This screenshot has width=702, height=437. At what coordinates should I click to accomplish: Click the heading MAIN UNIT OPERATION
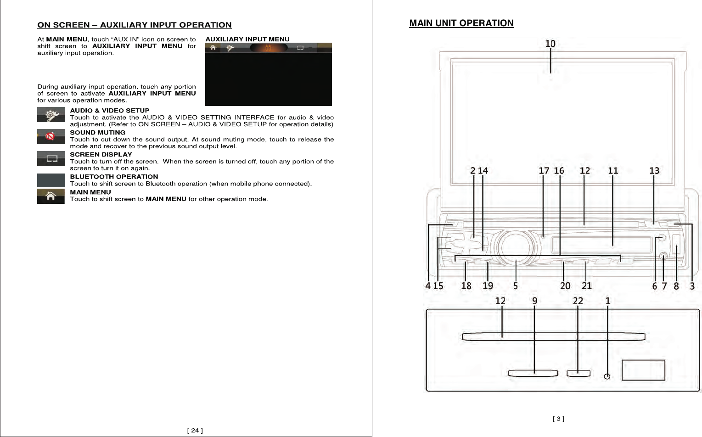click(x=461, y=23)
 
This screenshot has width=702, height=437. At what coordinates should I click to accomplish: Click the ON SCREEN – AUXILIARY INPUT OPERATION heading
click(x=134, y=25)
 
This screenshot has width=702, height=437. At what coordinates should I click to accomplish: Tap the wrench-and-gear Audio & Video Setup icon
click(x=51, y=115)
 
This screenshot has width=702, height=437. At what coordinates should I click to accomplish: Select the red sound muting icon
click(x=51, y=136)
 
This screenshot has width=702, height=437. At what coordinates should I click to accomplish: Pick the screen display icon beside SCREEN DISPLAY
click(x=51, y=159)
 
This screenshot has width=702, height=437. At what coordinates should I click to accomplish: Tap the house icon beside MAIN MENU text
click(x=51, y=196)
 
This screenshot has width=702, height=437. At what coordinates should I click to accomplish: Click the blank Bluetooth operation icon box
click(x=51, y=180)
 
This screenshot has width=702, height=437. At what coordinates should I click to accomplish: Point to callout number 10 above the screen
click(x=550, y=44)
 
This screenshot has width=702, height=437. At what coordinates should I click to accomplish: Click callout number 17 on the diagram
click(x=544, y=171)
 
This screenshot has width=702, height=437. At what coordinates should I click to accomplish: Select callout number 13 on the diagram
click(x=654, y=171)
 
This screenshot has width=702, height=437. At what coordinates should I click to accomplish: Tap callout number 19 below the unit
click(x=488, y=286)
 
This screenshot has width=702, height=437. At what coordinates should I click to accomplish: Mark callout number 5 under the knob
click(x=516, y=286)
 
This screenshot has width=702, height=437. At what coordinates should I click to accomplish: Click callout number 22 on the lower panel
click(x=578, y=301)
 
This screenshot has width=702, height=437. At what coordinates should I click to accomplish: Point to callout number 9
click(x=534, y=301)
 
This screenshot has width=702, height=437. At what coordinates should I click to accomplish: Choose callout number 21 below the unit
click(x=587, y=286)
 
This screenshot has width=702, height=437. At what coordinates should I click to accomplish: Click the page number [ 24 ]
click(x=195, y=431)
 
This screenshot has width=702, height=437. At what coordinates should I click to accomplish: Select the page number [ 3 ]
click(x=558, y=419)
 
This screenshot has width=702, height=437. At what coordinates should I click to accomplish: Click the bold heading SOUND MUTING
click(x=97, y=133)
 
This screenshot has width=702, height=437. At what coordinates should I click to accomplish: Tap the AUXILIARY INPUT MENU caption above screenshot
click(x=247, y=39)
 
